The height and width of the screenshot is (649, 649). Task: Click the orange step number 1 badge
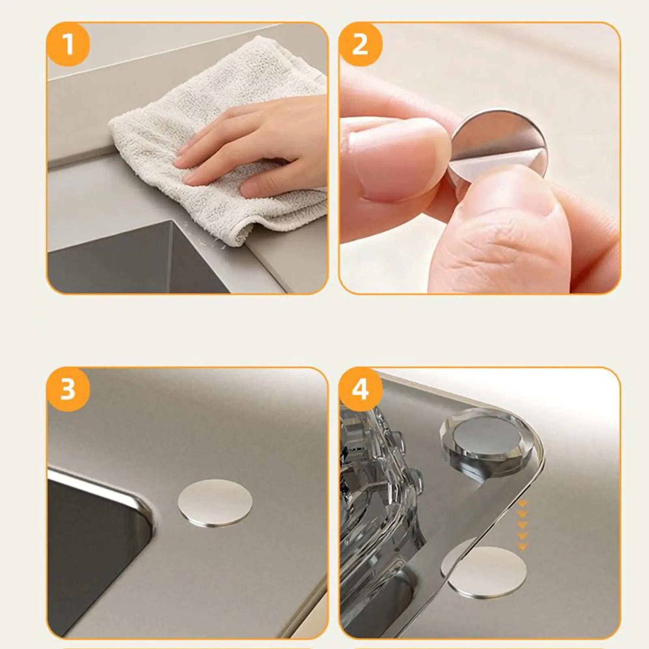68,44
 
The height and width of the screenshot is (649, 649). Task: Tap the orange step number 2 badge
360,44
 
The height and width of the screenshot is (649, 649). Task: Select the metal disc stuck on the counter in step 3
215,503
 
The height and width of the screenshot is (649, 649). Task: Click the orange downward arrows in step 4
523,525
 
